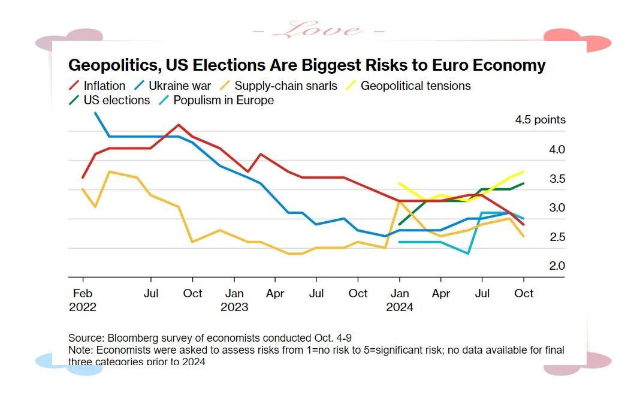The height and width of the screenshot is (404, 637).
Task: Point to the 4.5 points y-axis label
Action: (x=540, y=120)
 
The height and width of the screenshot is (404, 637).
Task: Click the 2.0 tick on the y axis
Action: (x=557, y=266)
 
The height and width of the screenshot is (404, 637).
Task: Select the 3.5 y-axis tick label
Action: (x=557, y=179)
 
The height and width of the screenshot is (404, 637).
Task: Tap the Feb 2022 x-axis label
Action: (x=83, y=300)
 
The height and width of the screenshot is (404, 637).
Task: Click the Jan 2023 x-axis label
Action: (x=234, y=300)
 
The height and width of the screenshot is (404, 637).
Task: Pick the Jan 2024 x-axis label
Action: (x=400, y=300)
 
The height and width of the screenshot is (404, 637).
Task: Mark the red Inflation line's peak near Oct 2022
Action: (x=179, y=125)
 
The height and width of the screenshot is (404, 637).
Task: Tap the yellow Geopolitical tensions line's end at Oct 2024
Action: (x=524, y=171)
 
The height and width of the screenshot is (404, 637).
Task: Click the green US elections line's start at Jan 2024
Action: (x=400, y=224)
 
